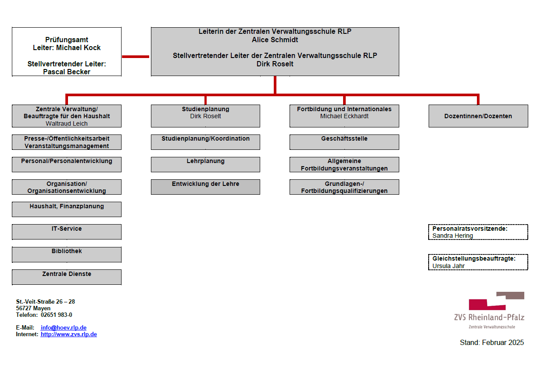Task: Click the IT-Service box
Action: (66, 232)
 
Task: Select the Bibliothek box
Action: (66, 254)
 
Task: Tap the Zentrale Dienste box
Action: (66, 277)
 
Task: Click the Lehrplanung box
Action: (205, 164)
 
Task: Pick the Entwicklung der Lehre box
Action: (205, 187)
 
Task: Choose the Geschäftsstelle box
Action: (344, 142)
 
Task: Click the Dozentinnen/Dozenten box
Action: (478, 116)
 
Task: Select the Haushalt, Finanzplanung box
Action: (66, 209)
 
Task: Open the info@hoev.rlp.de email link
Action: (63, 327)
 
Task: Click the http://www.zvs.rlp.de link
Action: (68, 334)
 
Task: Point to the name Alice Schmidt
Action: (275, 40)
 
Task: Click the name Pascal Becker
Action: (67, 72)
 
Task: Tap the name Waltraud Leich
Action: (67, 123)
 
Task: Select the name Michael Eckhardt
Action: (344, 116)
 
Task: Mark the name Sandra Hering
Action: (452, 236)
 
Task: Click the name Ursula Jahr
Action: (448, 266)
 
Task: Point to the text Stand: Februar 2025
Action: (491, 343)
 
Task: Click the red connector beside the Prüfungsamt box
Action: (136, 57)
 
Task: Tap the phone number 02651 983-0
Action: (57, 315)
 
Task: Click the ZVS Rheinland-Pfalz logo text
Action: (489, 317)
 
